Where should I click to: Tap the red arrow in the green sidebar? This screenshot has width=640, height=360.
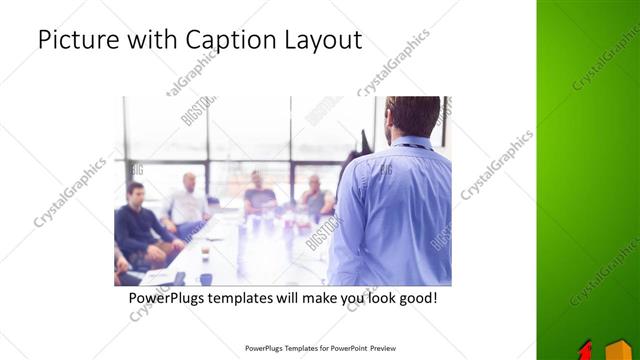click(586, 350)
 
